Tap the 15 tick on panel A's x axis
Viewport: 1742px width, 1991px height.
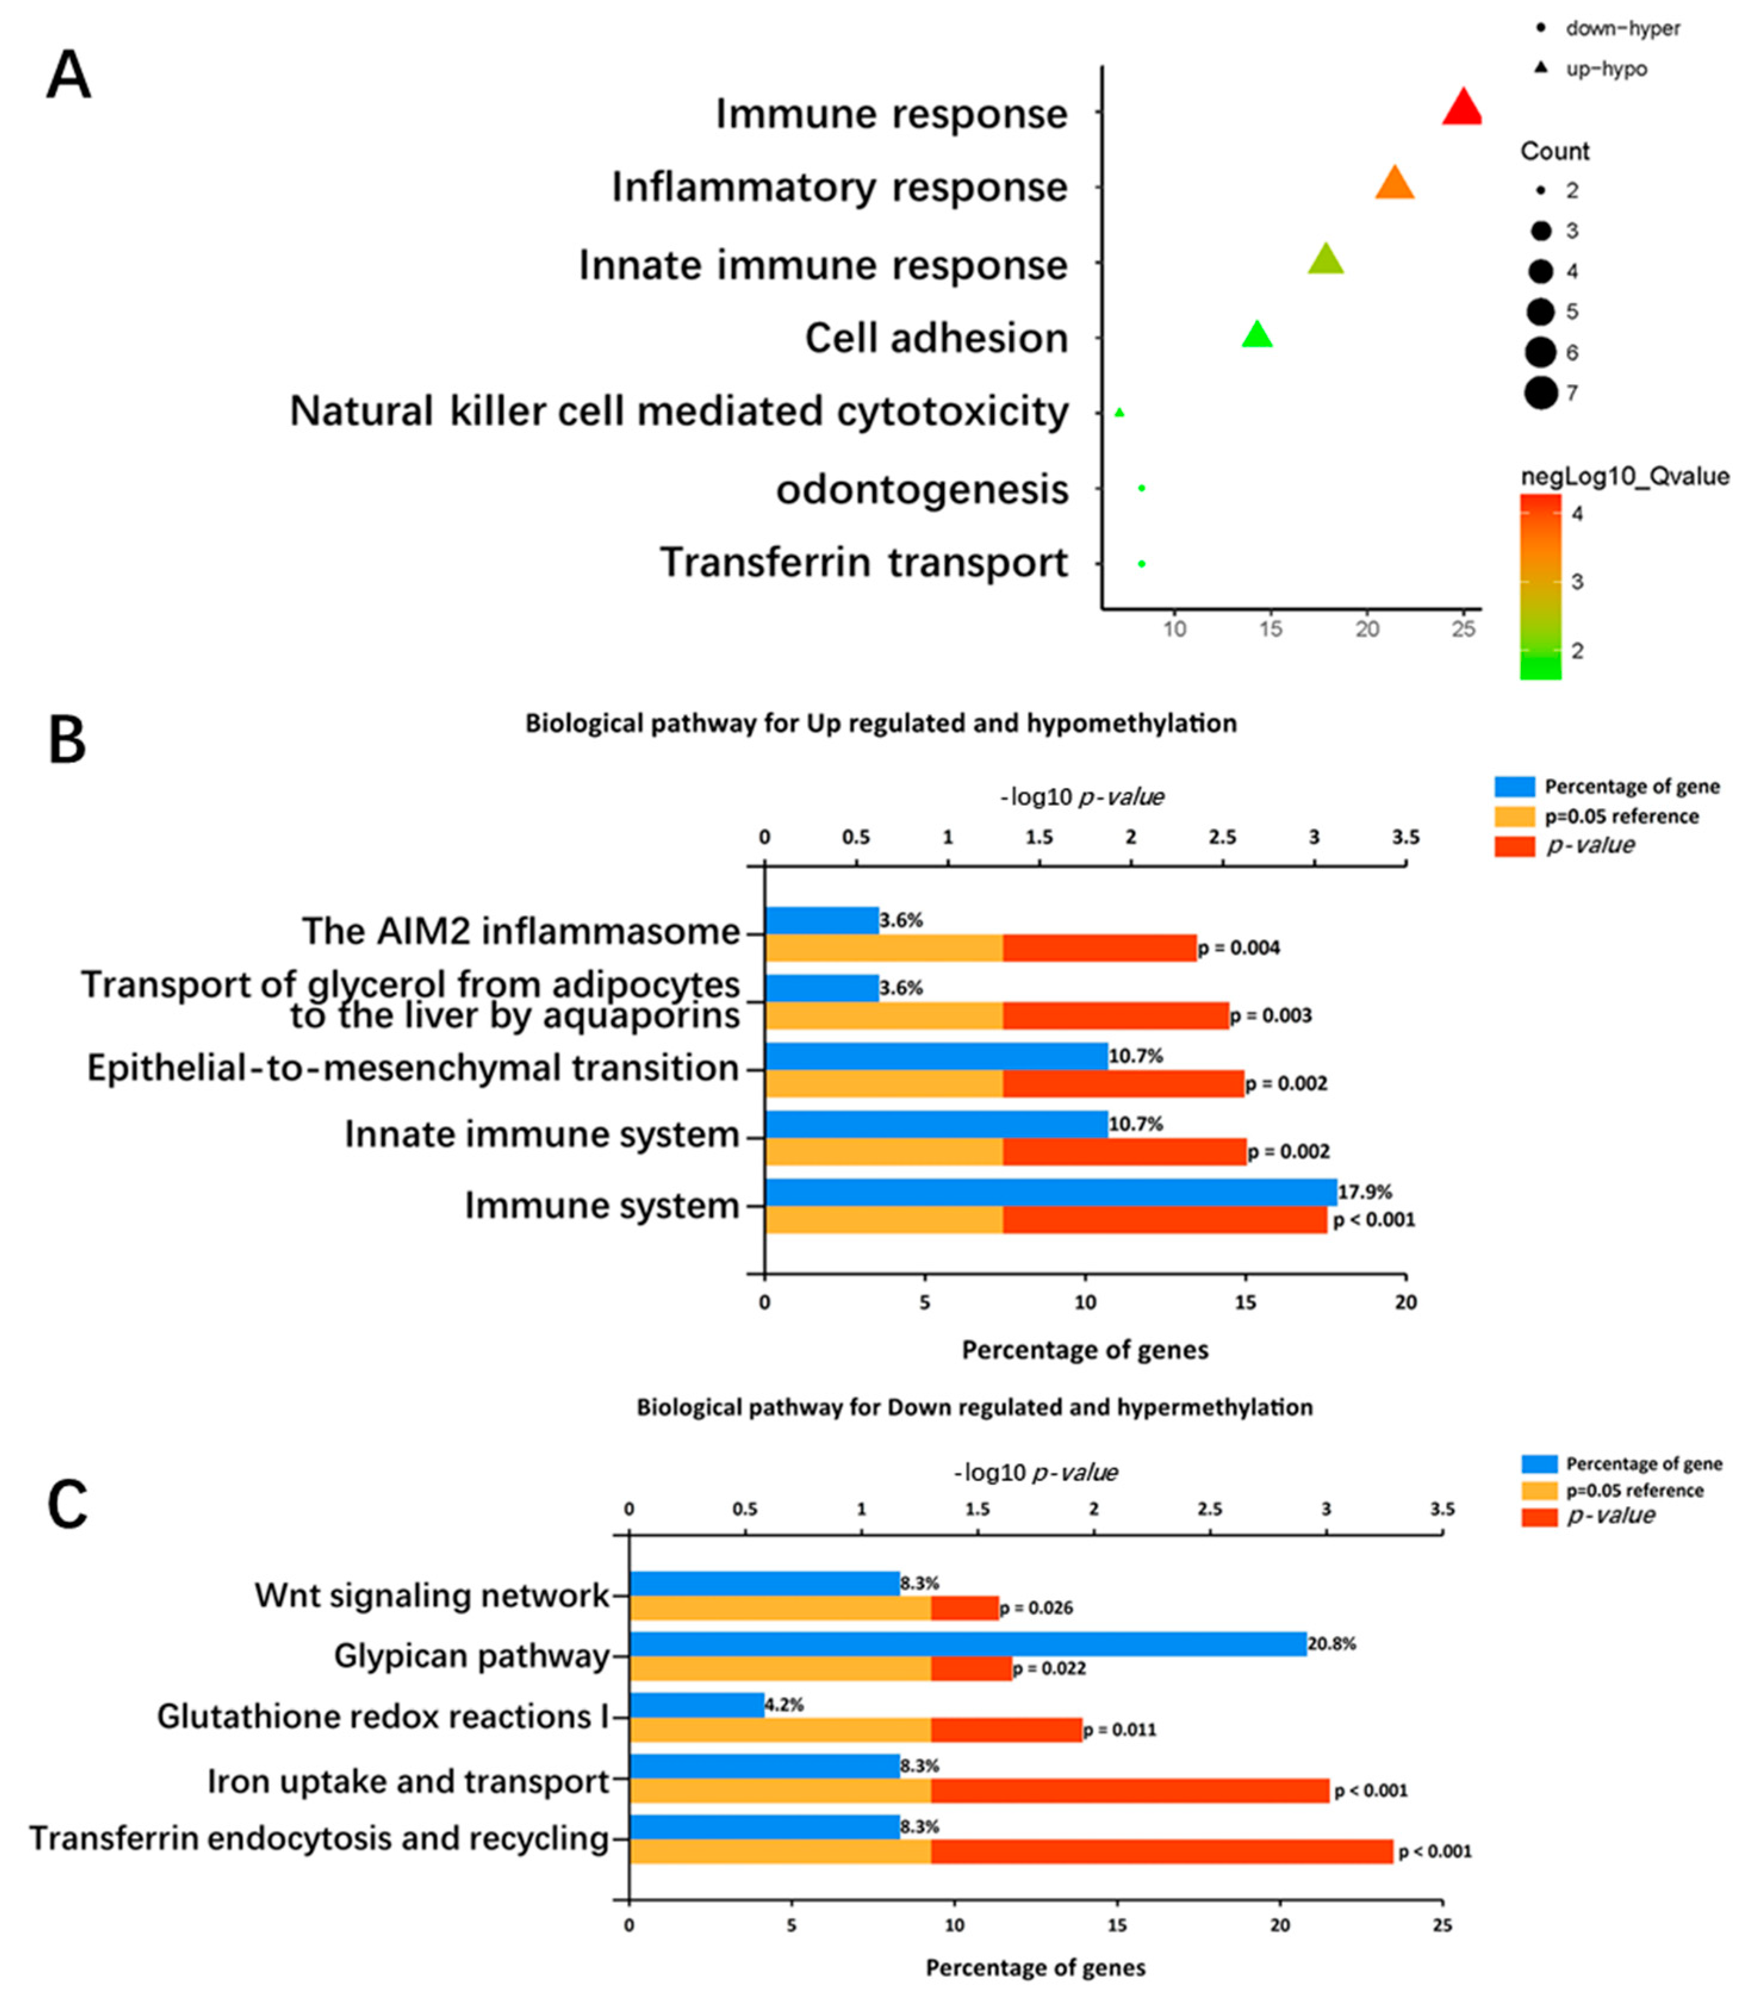point(1271,629)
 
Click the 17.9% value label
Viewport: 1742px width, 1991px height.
point(1365,1192)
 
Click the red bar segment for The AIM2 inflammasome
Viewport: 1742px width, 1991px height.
point(1099,948)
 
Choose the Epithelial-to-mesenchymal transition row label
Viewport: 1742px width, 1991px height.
point(413,1068)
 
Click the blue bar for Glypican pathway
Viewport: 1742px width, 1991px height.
point(968,1644)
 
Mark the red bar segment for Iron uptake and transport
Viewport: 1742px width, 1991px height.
point(1130,1791)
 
